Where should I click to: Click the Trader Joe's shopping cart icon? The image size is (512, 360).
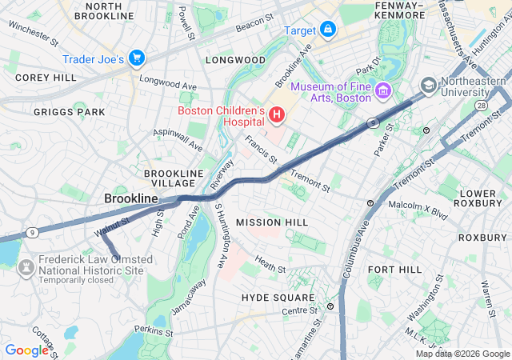coord(136,58)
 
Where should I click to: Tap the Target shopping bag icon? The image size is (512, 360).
coord(327,30)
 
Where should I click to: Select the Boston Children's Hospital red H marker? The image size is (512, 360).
coord(277,116)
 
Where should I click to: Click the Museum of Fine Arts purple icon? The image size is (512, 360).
coord(382,92)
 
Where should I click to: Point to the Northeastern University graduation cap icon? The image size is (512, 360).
coord(429,86)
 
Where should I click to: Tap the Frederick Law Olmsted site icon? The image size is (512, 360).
coord(26,265)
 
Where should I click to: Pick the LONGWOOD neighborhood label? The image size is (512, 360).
coord(235,60)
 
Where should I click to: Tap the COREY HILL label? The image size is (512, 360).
coord(46,78)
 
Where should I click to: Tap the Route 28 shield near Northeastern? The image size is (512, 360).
coord(482,105)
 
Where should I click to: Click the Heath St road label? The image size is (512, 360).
coord(270,263)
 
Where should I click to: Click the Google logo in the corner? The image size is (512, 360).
coord(26,350)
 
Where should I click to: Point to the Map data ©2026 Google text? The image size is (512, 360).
coord(462,354)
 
